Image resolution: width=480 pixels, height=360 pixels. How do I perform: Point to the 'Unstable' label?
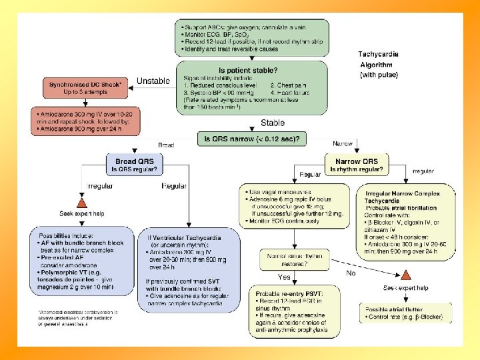(x=153, y=81)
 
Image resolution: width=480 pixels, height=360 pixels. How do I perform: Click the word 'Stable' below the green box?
(x=273, y=123)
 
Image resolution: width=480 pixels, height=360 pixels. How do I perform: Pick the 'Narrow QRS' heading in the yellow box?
(x=357, y=161)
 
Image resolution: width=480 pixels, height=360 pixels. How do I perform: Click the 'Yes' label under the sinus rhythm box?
(x=283, y=277)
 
